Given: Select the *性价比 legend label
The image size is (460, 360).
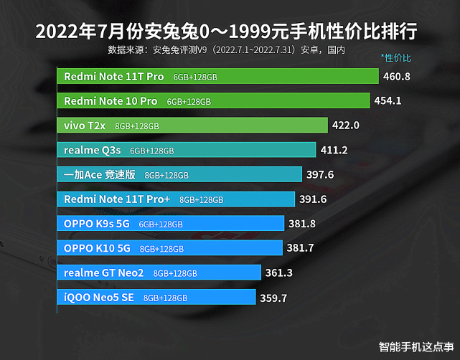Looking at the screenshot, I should click(396, 57).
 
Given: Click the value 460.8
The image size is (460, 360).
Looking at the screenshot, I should click(397, 76).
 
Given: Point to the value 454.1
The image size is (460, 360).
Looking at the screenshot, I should click(388, 101).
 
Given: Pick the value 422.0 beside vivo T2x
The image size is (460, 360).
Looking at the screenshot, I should click(345, 125).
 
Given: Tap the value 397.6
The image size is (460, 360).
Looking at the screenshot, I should click(320, 174).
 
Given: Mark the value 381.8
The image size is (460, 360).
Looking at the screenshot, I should click(302, 224).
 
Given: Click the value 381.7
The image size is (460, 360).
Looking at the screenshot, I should click(301, 248).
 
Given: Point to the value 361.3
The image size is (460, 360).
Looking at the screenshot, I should click(278, 273).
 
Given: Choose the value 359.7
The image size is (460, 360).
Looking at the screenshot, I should click(273, 298).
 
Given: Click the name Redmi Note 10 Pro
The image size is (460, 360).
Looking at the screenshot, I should click(111, 101).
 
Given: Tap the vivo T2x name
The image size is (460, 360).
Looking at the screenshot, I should click(85, 125).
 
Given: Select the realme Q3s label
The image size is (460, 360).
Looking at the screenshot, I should click(93, 150).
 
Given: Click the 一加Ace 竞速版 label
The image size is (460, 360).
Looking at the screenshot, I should click(100, 174).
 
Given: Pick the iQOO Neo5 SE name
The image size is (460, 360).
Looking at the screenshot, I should click(99, 298).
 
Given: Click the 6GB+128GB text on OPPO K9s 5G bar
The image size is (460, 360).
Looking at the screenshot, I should click(161, 224).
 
